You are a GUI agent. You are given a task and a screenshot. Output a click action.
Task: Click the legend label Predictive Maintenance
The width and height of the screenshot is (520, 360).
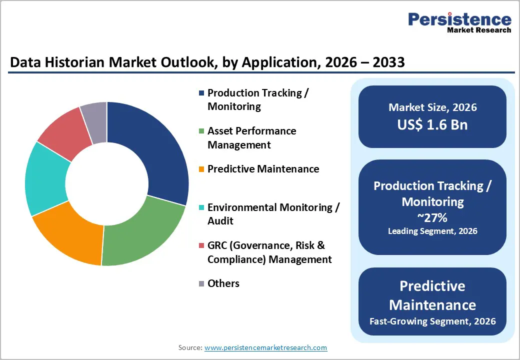pyautogui.click(x=263, y=169)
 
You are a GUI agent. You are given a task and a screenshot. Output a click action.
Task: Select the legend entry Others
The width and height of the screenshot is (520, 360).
pyautogui.click(x=223, y=283)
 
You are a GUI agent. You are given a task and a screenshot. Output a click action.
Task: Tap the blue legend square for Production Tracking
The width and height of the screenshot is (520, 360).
pyautogui.click(x=201, y=93)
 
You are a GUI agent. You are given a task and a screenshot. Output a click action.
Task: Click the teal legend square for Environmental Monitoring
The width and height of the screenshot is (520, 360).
pyautogui.click(x=201, y=207)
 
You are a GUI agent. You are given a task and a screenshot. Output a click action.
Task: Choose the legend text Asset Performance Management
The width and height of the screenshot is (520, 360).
pyautogui.click(x=251, y=138)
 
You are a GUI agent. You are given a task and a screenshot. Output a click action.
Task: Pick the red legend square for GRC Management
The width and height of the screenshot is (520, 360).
pyautogui.click(x=201, y=245)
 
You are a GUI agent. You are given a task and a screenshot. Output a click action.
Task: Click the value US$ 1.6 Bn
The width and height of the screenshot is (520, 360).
pyautogui.click(x=432, y=124)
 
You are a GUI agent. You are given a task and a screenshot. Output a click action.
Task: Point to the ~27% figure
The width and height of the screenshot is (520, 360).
pyautogui.click(x=432, y=217)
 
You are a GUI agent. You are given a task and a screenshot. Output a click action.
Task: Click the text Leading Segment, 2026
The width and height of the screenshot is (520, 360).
pyautogui.click(x=432, y=231)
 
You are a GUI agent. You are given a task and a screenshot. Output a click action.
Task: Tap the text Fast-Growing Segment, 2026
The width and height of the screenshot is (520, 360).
pyautogui.click(x=432, y=321)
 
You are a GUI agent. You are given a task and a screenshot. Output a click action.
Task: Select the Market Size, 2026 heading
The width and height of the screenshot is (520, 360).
pyautogui.click(x=432, y=107)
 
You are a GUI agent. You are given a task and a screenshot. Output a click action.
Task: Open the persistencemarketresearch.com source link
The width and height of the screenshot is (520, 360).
pyautogui.click(x=265, y=347)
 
